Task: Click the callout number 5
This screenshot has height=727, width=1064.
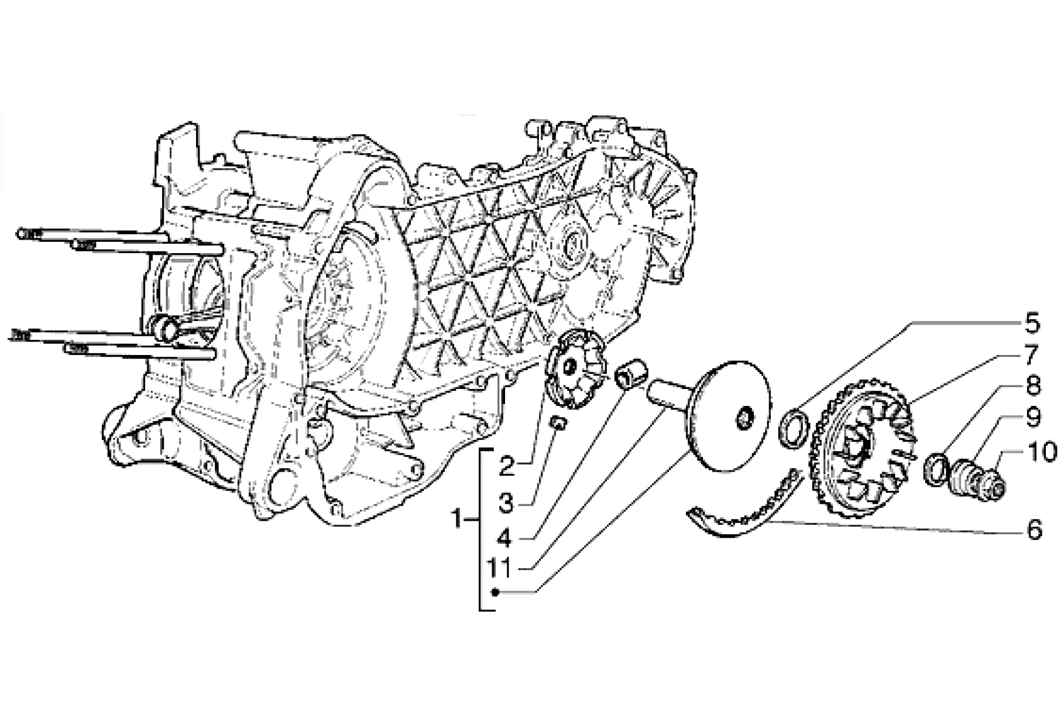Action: coord(1031,323)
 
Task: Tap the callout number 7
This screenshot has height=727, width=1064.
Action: coord(1031,355)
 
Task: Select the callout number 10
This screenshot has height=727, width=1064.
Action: coord(1039,452)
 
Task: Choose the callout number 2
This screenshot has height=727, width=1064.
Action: coord(506,467)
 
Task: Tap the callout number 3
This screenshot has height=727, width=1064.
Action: coord(506,502)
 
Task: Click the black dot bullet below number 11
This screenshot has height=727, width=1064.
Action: coord(496,592)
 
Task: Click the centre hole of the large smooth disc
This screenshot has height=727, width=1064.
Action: coord(745,418)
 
